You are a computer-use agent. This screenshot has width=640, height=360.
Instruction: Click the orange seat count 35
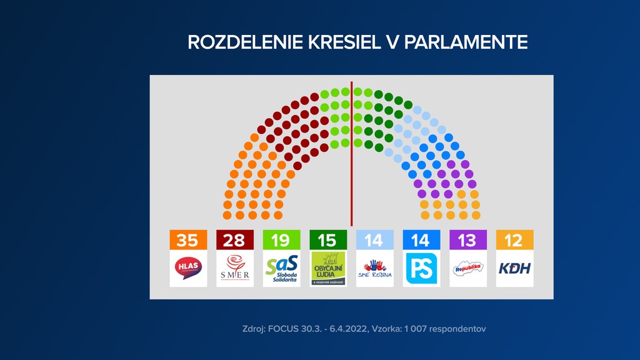point(188,240)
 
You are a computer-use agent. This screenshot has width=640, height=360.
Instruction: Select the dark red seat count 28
point(234,240)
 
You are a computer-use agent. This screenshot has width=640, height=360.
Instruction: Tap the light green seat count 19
point(281,240)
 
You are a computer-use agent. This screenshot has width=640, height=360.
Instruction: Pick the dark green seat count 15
point(327,240)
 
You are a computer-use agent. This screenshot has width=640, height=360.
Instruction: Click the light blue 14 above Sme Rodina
point(374,240)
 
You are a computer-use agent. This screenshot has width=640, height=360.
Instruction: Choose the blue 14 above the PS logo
point(421,240)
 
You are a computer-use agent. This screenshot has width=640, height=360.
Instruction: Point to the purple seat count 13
point(467,240)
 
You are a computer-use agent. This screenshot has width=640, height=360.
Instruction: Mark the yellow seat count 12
point(514,240)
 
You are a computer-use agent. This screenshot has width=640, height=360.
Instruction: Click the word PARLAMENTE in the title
point(466,42)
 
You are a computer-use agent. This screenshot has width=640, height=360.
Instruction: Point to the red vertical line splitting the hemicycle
point(351,156)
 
